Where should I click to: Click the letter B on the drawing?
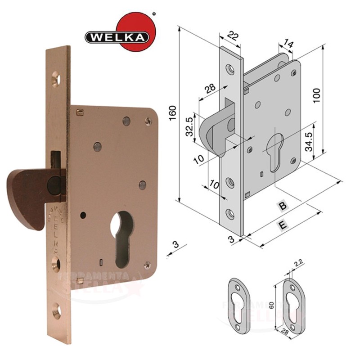click(x=282, y=206)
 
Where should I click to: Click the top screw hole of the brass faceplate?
click(x=56, y=79)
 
